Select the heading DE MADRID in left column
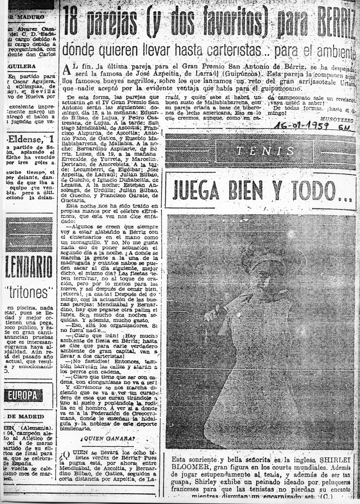[x=26, y=417]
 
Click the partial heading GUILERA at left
[x=22, y=66]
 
